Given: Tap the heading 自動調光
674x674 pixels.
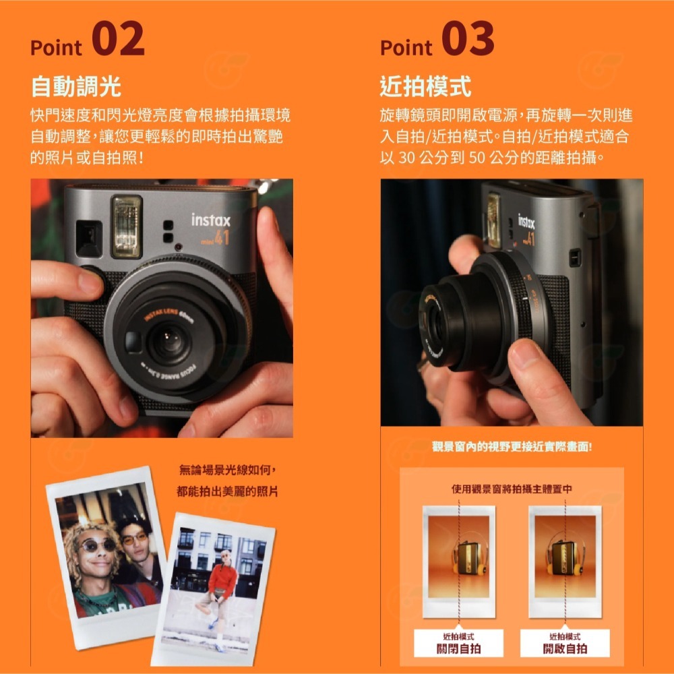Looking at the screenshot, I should point(76,86).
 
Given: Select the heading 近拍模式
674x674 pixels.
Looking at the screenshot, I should point(425,86).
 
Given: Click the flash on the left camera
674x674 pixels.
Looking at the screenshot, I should point(127,226).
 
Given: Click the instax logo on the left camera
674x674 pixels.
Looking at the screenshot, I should point(210,220).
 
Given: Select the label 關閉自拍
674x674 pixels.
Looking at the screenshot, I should point(458,648).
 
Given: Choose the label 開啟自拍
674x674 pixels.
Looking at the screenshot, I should point(565,648).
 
